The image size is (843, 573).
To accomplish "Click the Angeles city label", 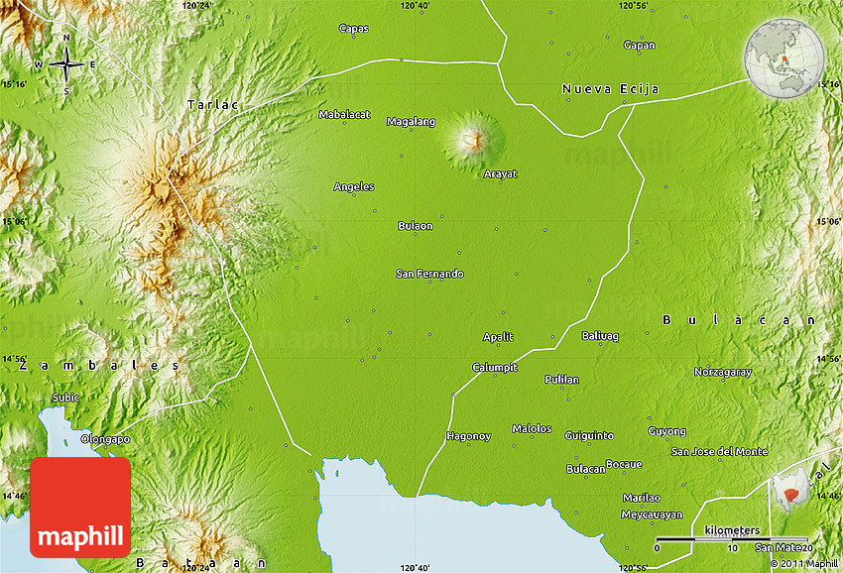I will pos(354,186).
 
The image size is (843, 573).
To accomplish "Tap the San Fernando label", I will pos(429,274).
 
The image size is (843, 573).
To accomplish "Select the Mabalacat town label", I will pos(344,114).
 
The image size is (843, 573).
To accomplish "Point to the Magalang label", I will pos(411,122).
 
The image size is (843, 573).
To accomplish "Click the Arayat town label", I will pos(500,173).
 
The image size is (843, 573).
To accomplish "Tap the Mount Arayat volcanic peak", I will pos(472,139).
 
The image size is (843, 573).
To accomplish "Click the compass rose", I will pos(66,64).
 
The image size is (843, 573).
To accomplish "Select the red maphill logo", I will pos(80,508).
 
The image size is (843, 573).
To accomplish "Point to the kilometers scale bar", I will pos(732,539).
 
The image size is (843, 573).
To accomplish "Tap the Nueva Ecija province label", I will pos(610,89).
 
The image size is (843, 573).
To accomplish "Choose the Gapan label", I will pos(639,45).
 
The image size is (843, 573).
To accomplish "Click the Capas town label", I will pos(353,28).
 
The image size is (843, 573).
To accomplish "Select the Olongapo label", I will pos(105,438).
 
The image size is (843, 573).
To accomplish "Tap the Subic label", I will pos(65,398).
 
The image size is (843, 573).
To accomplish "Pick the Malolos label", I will pos(532,428).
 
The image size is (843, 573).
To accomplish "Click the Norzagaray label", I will pos(722,372).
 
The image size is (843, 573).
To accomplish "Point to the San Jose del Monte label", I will pos(719,451).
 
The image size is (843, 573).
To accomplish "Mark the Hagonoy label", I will pos(468,435).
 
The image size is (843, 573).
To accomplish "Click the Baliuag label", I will pos(600,336).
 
